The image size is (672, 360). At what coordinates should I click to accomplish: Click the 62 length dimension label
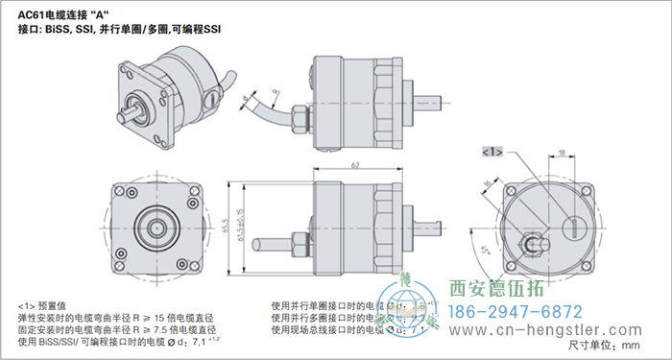coord(355,166)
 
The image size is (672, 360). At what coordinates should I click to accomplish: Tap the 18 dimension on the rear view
coord(561,152)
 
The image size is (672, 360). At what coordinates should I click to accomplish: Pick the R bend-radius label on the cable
coord(276,93)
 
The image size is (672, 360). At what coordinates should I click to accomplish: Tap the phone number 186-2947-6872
coord(516,312)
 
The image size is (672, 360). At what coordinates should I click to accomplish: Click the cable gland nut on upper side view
coord(301,122)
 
